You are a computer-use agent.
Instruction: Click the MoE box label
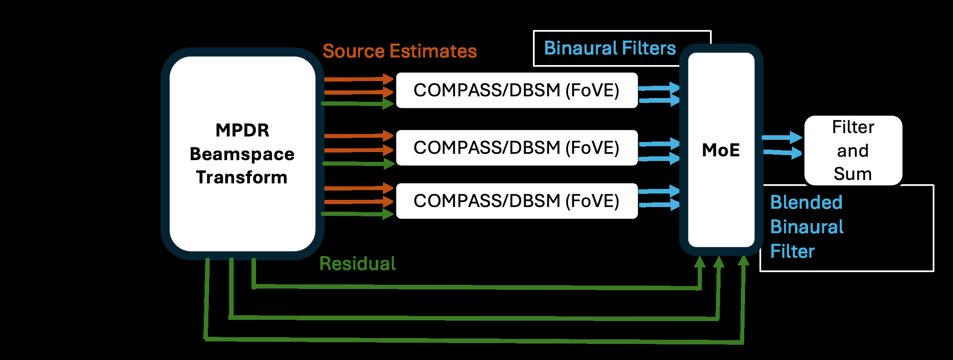click(x=721, y=150)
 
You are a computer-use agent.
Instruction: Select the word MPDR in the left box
click(x=242, y=130)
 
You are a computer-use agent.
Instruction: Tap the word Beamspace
click(x=242, y=154)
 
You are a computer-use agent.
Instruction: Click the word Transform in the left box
click(x=242, y=177)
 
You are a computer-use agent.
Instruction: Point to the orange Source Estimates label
click(x=399, y=51)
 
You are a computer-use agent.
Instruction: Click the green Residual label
click(x=357, y=264)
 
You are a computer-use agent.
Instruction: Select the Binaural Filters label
click(x=609, y=48)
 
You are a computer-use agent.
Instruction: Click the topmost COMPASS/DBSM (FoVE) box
click(x=516, y=90)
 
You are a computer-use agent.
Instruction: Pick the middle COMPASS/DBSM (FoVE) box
click(x=516, y=148)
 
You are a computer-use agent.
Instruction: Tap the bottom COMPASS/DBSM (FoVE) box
click(x=516, y=201)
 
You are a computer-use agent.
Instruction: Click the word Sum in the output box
click(x=852, y=174)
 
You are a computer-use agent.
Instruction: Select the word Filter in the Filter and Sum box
click(x=853, y=127)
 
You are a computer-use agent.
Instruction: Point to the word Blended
click(x=806, y=202)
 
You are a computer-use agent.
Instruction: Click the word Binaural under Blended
click(x=806, y=227)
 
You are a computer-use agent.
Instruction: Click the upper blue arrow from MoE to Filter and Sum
click(x=782, y=137)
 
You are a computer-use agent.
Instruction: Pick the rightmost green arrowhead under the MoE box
click(x=743, y=261)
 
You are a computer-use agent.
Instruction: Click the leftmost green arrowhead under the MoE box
click(x=700, y=262)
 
